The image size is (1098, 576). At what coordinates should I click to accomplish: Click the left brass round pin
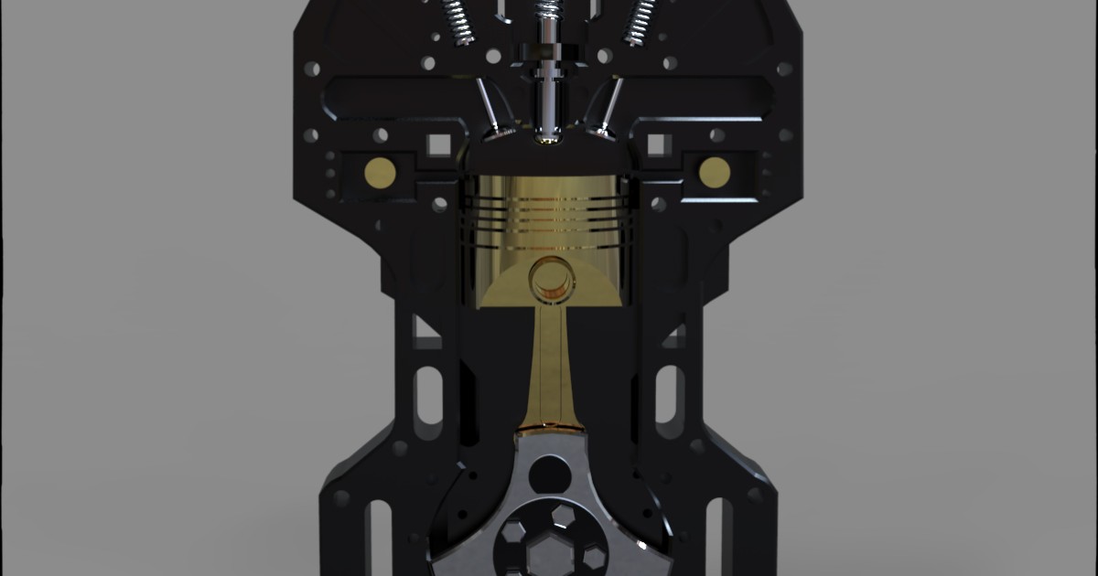380,170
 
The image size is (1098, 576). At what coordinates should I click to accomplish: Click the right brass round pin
714,170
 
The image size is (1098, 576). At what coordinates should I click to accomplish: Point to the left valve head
499,133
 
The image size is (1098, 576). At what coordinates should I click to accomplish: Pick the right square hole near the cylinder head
659,144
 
